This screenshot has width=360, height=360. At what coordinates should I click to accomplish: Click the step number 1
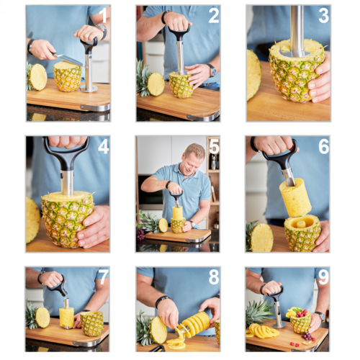103,16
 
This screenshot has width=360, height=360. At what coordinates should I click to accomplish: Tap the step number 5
214,146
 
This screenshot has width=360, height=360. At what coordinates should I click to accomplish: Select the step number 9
323,276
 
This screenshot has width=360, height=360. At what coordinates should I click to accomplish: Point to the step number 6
324,146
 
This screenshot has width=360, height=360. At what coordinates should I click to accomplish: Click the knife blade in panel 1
68,60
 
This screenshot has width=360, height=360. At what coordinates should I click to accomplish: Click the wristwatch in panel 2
212,70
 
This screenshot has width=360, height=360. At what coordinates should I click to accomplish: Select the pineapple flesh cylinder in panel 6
295,197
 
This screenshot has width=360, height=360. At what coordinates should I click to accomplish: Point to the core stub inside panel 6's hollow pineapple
301,225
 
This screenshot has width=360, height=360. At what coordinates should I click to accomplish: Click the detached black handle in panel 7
58,286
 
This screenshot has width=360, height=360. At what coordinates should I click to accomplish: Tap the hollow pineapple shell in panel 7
91,323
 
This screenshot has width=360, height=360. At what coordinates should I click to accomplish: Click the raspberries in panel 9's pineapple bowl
300,313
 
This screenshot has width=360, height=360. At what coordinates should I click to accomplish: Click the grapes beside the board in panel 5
140,235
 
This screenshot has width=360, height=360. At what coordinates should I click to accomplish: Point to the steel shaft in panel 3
297,30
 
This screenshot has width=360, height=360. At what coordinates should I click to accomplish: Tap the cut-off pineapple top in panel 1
37,77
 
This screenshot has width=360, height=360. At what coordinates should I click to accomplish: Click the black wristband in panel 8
162,300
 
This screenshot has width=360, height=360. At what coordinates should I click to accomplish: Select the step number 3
323,16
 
